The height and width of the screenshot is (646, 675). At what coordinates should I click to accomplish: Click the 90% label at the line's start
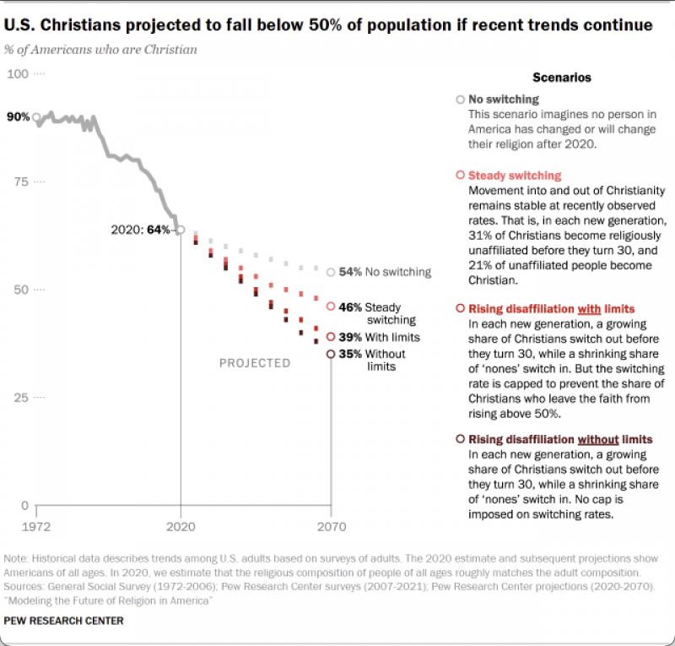point(18,117)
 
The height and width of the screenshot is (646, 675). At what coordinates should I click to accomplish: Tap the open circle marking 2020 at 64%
point(181,230)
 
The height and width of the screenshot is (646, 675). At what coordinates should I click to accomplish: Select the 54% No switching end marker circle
point(331,273)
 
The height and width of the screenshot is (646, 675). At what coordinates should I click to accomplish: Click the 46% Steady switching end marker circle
point(331,307)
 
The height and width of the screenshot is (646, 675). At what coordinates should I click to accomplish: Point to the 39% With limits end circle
point(331,337)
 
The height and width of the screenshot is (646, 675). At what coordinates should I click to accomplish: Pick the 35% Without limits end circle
point(331,354)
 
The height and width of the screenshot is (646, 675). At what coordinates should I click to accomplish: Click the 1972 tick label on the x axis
point(36,527)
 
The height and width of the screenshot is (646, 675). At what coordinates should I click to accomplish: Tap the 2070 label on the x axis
point(332,527)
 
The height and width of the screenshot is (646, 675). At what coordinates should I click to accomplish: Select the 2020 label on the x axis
point(181,527)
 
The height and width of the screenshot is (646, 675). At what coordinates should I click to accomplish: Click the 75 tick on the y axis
point(21,182)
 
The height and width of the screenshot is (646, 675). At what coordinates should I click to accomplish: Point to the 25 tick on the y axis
point(21,398)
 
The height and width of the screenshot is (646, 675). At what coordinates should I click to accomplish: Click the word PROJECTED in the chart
point(255,363)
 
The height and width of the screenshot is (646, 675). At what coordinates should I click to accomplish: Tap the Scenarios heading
point(562,78)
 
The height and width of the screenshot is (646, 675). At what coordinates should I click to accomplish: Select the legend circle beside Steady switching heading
point(460,175)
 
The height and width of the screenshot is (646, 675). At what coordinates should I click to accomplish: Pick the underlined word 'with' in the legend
point(589,309)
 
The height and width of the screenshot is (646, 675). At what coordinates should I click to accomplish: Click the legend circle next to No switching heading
point(460,100)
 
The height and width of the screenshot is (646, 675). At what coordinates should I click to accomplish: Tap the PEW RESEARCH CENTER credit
point(64,621)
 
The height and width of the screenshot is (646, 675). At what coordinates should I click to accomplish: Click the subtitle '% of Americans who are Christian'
point(100,50)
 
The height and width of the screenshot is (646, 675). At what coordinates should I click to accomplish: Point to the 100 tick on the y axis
point(18,74)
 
